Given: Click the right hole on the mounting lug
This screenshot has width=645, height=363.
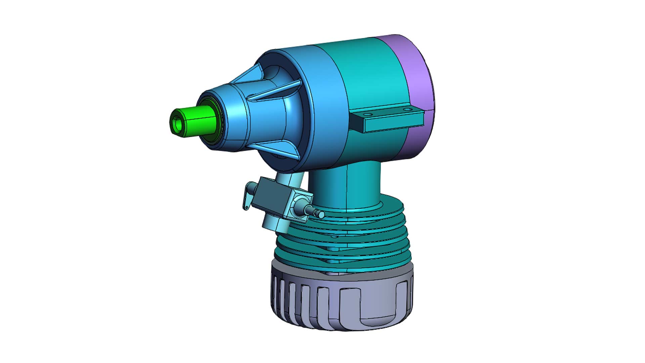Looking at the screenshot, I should pyautogui.click(x=407, y=109).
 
